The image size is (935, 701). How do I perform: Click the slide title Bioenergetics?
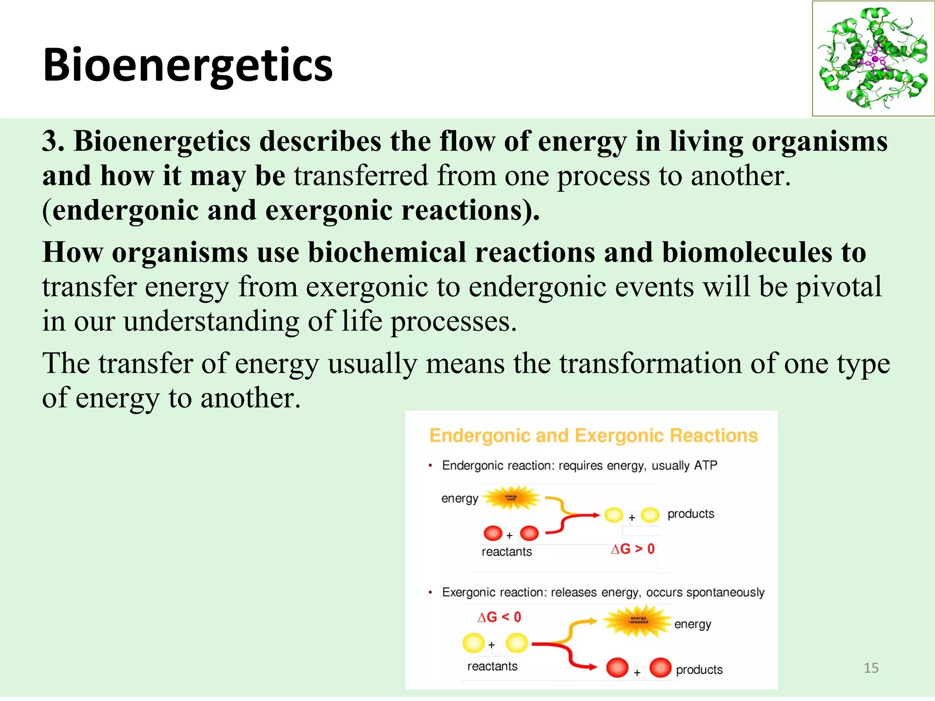pyautogui.click(x=188, y=65)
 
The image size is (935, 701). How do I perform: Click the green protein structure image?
pyautogui.click(x=873, y=58)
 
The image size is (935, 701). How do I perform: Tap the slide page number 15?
pyautogui.click(x=871, y=668)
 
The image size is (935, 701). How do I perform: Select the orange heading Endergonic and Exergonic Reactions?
pyautogui.click(x=594, y=435)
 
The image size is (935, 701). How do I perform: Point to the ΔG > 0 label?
pyautogui.click(x=633, y=549)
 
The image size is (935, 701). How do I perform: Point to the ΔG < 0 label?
pyautogui.click(x=499, y=617)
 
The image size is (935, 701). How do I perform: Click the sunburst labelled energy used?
pyautogui.click(x=511, y=498)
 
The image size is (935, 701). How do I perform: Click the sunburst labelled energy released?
pyautogui.click(x=638, y=621)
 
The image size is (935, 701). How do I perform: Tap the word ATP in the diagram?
pyautogui.click(x=705, y=466)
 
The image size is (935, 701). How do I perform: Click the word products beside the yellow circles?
pyautogui.click(x=691, y=514)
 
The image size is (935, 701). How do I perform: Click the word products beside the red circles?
pyautogui.click(x=699, y=670)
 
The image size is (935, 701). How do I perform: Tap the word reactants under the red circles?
pyautogui.click(x=507, y=552)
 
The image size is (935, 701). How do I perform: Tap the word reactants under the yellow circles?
pyautogui.click(x=492, y=666)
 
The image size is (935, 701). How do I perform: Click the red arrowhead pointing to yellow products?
pyautogui.click(x=596, y=515)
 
